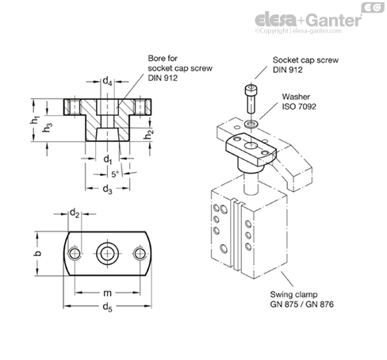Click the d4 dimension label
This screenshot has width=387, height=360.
point(107,81)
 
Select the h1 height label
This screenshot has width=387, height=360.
point(35,121)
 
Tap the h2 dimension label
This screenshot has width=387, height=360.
point(149,134)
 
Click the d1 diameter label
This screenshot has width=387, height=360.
point(108,159)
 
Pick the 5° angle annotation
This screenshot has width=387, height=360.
point(115,174)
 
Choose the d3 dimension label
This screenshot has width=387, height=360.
point(107,189)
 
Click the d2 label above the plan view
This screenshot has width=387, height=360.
point(75,213)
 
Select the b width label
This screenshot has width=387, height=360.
point(38,253)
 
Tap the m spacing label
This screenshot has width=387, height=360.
point(107,293)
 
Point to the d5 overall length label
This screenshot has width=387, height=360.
point(108,307)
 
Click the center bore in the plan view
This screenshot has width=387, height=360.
point(107,254)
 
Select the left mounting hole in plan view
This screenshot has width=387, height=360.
point(75,254)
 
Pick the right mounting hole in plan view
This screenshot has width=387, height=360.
point(140,254)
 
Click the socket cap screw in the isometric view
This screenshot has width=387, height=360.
point(251,98)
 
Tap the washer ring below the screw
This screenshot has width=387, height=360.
point(251,123)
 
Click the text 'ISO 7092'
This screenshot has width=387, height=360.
point(299,106)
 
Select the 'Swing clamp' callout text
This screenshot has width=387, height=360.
point(293,294)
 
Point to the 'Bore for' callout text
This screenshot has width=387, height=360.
point(163,58)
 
